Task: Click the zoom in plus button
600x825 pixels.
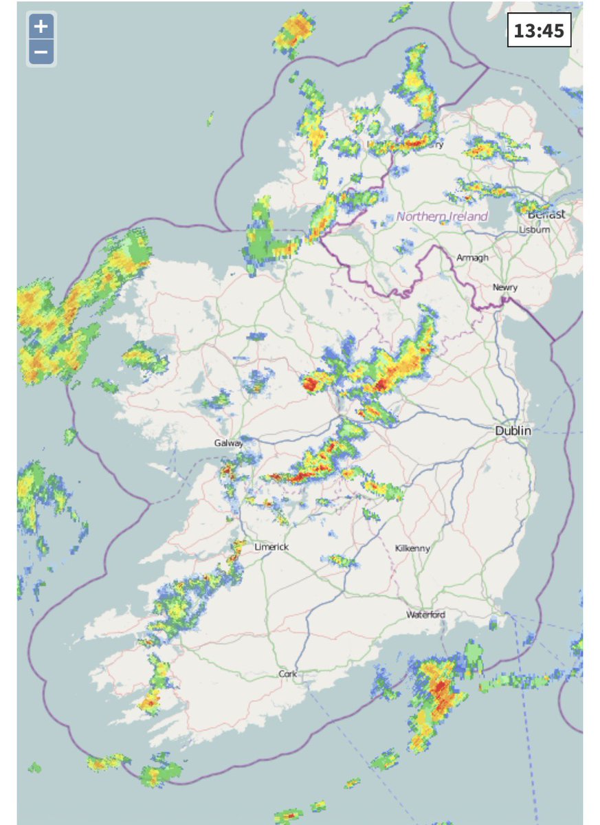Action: click(41, 27)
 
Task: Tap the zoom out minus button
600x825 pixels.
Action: click(41, 52)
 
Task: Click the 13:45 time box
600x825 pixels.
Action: click(539, 31)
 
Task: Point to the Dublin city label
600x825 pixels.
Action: click(513, 430)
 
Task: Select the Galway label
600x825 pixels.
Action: click(228, 443)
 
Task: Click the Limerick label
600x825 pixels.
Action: click(271, 547)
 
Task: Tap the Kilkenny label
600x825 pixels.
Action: click(413, 548)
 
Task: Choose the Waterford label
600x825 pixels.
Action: click(425, 614)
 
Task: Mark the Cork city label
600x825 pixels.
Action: click(287, 674)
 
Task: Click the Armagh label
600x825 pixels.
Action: click(472, 257)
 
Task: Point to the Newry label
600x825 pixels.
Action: click(504, 287)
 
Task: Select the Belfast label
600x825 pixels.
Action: click(546, 214)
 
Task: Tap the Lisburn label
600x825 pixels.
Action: click(535, 230)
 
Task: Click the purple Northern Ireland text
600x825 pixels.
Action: click(442, 216)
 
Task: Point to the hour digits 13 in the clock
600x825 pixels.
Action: click(526, 31)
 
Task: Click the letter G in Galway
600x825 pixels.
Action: click(216, 443)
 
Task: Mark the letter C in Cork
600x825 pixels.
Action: click(281, 674)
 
